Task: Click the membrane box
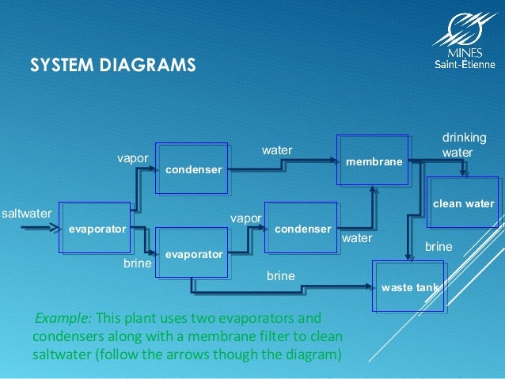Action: point(374,161)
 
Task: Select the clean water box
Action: point(463,203)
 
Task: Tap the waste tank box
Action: point(407,286)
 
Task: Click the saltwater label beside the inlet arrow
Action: point(26,214)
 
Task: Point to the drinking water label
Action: point(464,144)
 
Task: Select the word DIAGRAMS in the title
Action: point(151,64)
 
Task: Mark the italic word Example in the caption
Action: point(63,318)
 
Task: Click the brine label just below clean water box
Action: point(439,248)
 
